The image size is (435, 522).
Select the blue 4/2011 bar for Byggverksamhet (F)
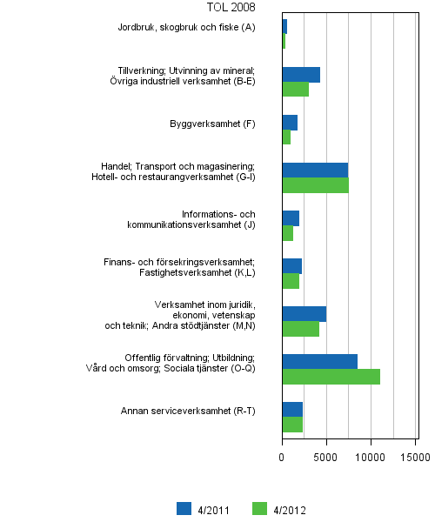[x=290, y=123]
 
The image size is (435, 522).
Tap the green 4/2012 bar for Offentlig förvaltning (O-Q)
[x=331, y=377]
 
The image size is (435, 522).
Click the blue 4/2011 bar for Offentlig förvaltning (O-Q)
[x=319, y=361]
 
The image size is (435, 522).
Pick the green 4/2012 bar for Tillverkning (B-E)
[x=295, y=90]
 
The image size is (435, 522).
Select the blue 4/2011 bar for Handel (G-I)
[x=315, y=170]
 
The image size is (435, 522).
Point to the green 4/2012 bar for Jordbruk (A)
[x=284, y=42]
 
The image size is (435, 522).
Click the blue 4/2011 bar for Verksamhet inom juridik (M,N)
[x=304, y=313]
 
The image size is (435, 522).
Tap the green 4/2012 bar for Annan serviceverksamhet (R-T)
[x=292, y=425]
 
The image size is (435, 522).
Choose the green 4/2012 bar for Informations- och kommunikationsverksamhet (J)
[x=287, y=233]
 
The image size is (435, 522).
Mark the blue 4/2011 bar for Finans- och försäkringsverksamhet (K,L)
[x=291, y=265]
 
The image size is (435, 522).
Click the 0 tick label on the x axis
[x=283, y=455]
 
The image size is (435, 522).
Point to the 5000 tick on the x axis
[x=326, y=455]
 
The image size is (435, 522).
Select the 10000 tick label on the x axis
[x=371, y=455]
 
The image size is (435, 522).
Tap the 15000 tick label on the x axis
[x=416, y=455]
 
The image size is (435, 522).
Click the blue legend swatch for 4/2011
[x=184, y=509]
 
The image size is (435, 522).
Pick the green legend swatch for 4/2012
[x=258, y=509]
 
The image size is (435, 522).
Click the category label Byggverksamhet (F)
[x=212, y=124]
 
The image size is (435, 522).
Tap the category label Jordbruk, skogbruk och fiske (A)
[x=186, y=28]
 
